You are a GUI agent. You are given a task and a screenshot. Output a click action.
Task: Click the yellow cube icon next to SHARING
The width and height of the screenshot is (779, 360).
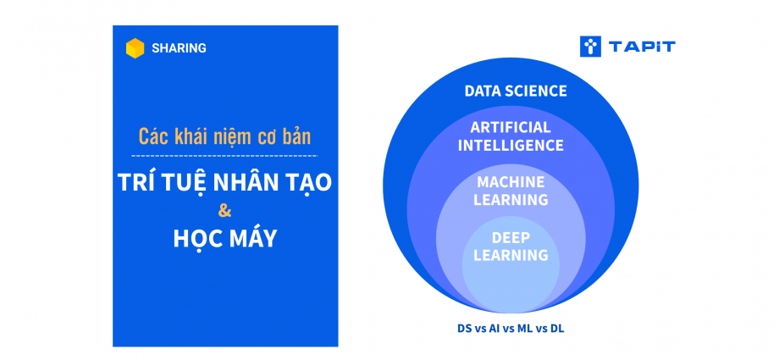[x=135, y=48]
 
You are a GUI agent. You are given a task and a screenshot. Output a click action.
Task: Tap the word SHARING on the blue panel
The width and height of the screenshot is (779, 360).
[x=179, y=48]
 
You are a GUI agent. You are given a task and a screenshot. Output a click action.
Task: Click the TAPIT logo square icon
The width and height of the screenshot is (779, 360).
[x=591, y=47]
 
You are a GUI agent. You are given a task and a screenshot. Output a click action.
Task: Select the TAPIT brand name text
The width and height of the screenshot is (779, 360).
[x=642, y=47]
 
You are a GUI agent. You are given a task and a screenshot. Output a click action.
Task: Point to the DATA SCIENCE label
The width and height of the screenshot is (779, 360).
[x=515, y=91]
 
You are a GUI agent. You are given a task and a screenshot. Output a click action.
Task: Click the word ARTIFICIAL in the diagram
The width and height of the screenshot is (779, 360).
[x=511, y=127]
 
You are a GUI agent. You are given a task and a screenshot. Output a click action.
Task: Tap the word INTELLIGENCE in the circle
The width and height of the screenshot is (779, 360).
[x=511, y=145]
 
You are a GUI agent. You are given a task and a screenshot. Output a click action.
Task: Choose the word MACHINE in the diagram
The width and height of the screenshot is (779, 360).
[x=511, y=182]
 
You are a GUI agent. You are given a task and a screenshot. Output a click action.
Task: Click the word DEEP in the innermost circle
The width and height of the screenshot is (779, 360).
[x=511, y=238]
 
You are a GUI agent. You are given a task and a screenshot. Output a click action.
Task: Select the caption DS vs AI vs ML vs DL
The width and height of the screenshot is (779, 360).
[x=511, y=329]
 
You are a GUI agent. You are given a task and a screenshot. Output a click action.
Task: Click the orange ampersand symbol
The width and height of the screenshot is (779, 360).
[x=225, y=211]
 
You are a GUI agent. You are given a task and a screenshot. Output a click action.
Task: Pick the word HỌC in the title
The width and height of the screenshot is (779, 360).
[x=195, y=239]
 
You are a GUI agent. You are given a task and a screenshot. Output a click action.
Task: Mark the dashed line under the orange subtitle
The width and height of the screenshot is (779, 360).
[x=224, y=156]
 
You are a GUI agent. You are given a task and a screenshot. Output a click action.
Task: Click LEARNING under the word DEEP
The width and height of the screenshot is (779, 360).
[x=511, y=255]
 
